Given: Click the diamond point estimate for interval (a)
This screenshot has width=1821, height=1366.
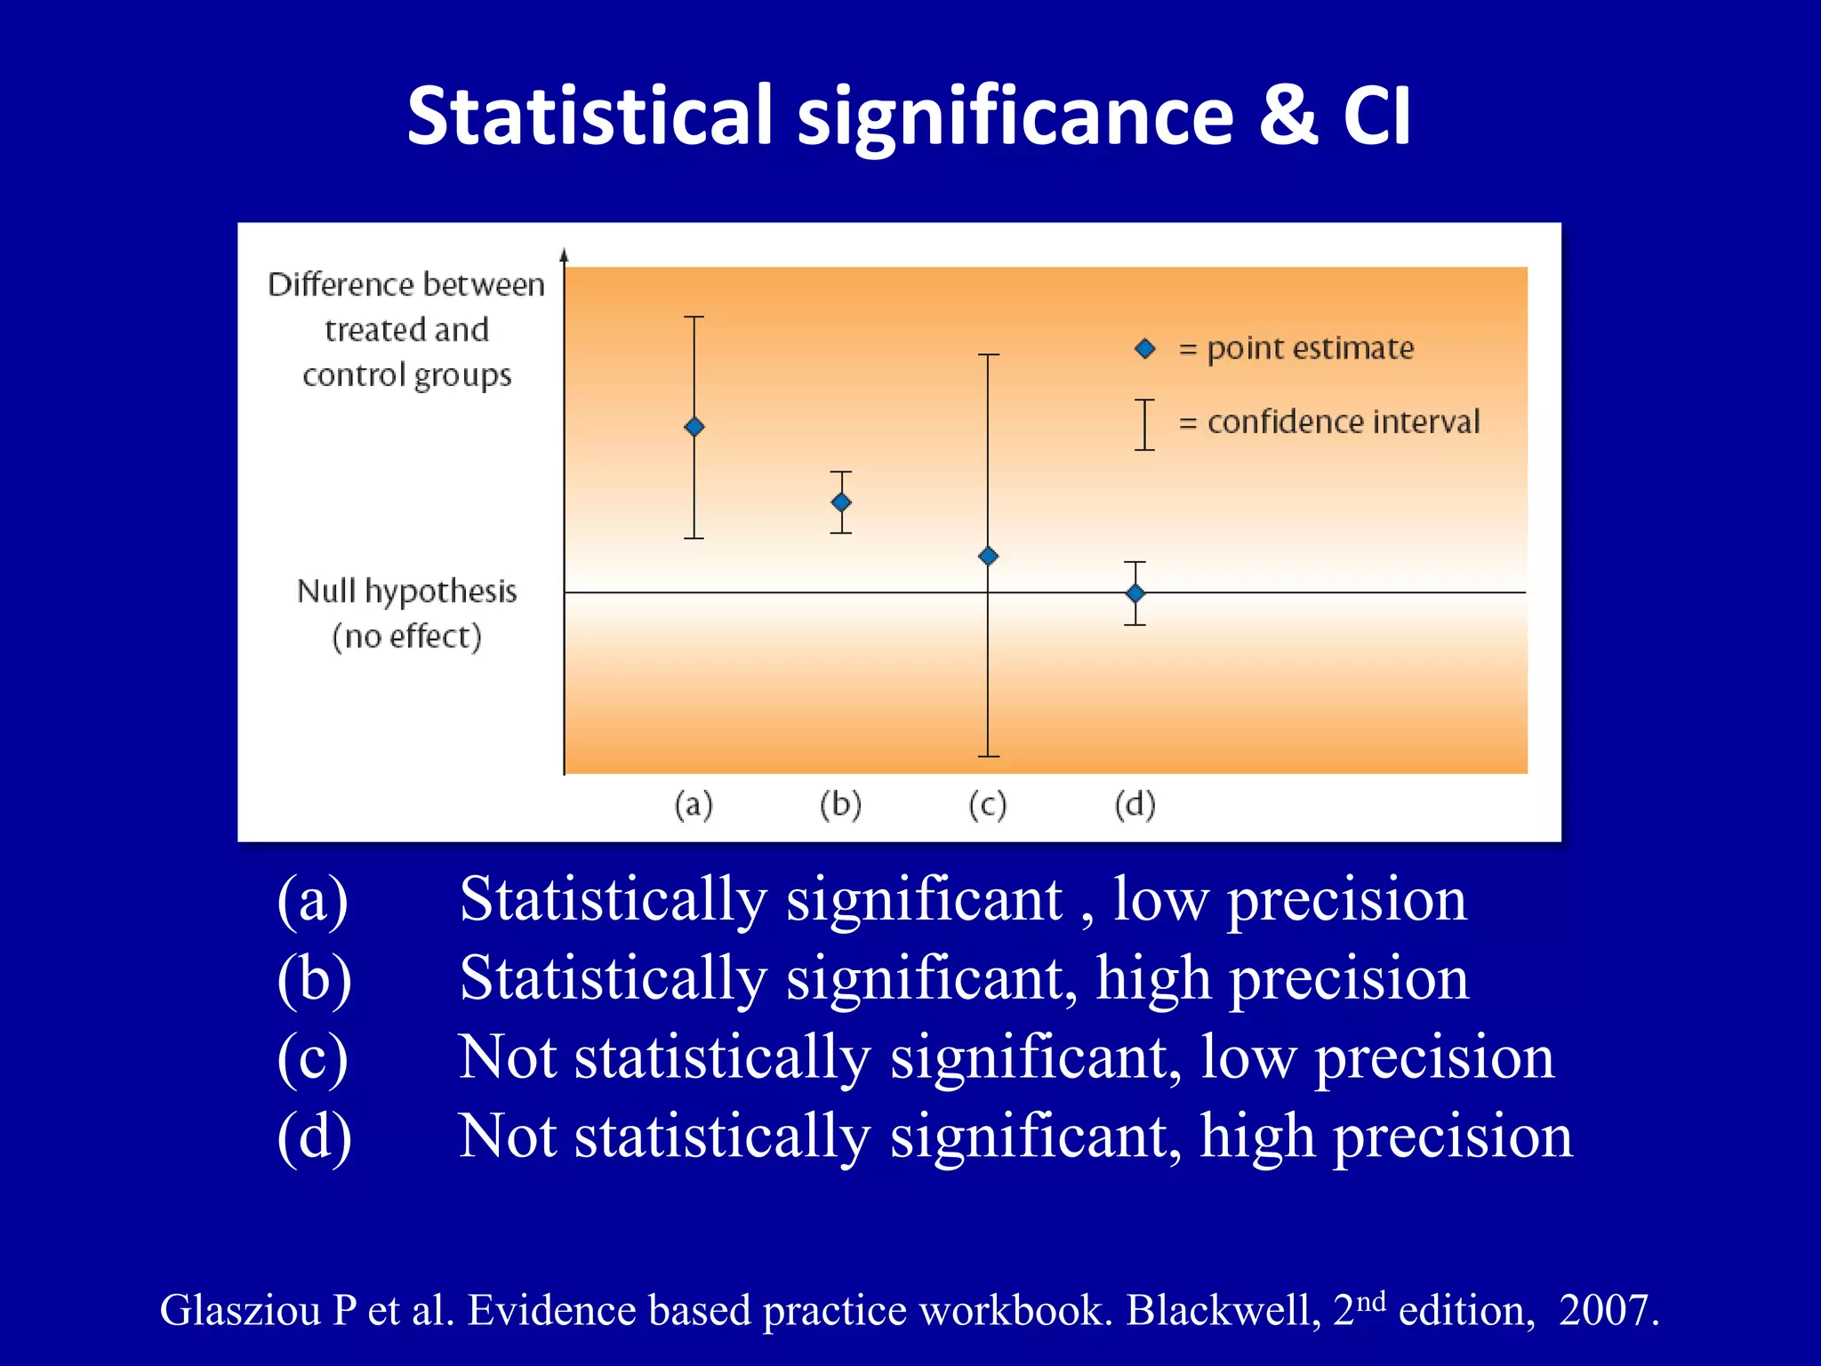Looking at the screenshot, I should tap(694, 427).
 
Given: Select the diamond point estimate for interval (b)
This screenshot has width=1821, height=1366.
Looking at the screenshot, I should tap(841, 502).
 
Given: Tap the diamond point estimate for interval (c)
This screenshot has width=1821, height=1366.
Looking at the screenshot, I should tap(988, 557).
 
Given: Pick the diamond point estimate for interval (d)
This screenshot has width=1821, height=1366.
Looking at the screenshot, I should tap(1135, 593).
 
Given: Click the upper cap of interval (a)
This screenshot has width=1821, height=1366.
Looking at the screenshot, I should tap(694, 317).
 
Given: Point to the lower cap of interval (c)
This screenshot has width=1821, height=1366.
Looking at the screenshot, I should tap(989, 756).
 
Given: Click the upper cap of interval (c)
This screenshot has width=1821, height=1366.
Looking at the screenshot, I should tap(989, 355).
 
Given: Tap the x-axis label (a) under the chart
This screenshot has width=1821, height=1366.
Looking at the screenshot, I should tap(694, 805).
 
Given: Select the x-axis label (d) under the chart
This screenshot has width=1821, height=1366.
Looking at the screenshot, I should tap(1135, 805).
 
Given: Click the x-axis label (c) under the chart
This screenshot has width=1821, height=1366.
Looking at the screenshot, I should tap(987, 805).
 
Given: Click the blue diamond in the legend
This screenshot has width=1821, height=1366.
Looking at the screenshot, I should tap(1145, 350).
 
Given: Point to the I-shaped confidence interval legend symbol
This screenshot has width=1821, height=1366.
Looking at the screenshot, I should tap(1145, 424).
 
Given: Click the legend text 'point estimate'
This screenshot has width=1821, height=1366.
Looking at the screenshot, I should tap(1310, 349).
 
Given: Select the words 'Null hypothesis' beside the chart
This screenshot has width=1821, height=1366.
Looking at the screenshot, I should tap(406, 591).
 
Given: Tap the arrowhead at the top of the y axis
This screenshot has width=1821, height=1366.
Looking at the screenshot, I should tap(564, 255).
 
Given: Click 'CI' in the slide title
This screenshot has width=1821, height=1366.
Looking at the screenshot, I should tap(1376, 116).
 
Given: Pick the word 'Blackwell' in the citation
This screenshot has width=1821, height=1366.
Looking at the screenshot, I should tap(1223, 1310).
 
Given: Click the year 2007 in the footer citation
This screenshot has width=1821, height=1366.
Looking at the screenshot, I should tap(1607, 1310).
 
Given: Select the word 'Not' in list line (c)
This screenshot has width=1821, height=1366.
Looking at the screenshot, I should tap(508, 1057).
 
